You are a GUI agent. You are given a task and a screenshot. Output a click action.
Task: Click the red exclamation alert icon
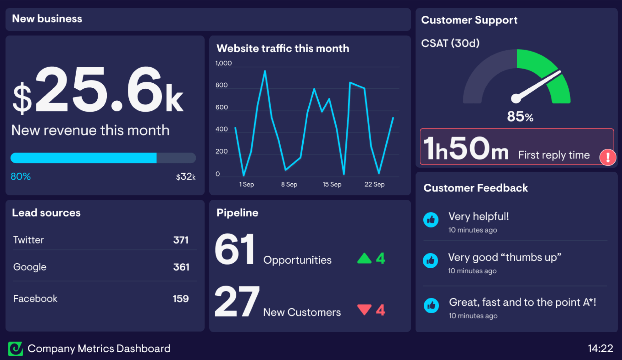point(608,157)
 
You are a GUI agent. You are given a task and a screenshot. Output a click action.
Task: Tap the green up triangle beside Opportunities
point(364,259)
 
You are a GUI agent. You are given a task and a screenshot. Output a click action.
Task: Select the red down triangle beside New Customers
point(364,309)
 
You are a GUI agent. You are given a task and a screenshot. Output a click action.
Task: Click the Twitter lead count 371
point(181,240)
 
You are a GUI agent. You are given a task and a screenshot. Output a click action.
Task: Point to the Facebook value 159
point(181,298)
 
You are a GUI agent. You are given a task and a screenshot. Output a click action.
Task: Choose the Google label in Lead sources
point(30,267)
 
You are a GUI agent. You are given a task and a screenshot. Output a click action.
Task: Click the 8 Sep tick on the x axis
point(289,184)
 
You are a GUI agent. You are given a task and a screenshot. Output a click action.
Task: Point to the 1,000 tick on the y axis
point(223,63)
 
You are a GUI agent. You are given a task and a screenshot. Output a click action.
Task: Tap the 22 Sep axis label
point(374,184)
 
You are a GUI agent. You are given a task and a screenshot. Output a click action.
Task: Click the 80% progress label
point(21,176)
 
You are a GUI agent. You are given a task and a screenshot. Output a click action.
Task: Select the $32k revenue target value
point(186,177)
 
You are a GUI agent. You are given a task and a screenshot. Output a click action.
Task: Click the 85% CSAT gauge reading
point(520,116)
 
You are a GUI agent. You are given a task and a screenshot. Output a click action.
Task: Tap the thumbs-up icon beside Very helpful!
point(431,220)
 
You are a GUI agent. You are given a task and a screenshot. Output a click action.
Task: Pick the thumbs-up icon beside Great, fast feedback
point(431,305)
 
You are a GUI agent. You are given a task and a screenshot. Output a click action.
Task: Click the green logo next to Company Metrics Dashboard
point(16,349)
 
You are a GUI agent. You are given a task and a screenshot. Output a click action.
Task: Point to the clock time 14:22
point(600,349)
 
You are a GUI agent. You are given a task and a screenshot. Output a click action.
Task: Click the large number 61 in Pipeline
point(235,249)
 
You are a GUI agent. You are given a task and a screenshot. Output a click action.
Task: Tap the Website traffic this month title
point(283,49)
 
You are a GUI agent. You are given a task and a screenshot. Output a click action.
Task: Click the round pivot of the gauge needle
point(516,98)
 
